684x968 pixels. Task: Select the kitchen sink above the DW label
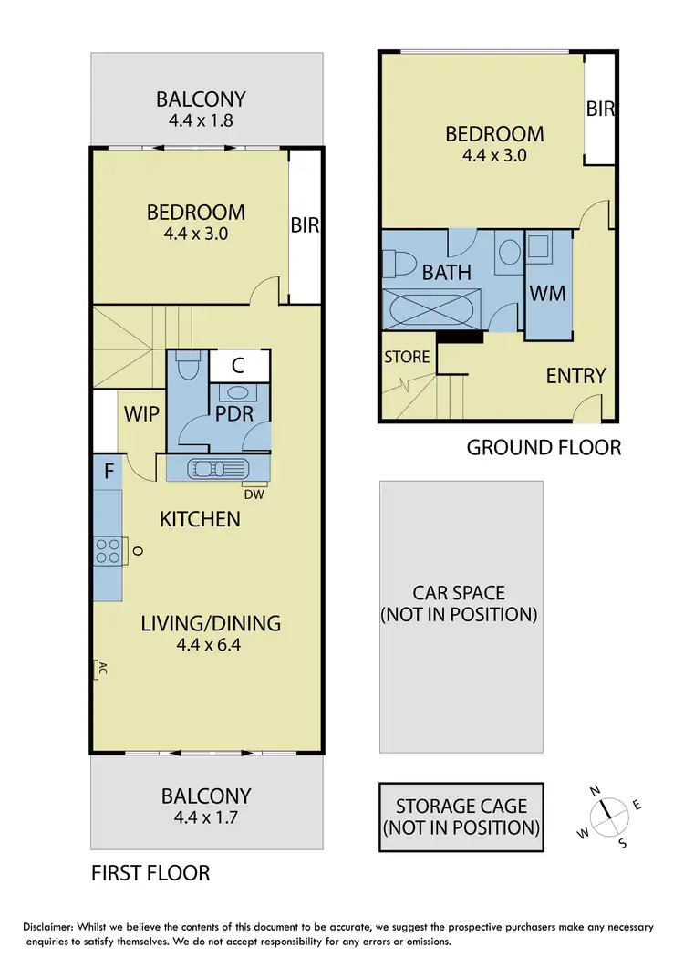pos(219,469)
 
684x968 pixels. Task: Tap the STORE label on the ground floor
pos(407,357)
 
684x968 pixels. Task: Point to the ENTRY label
pos(575,376)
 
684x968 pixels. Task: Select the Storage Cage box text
pos(461,817)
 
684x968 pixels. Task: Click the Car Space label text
pos(459,604)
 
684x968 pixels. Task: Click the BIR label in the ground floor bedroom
pos(601,109)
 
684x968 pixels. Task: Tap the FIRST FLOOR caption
pos(150,873)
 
